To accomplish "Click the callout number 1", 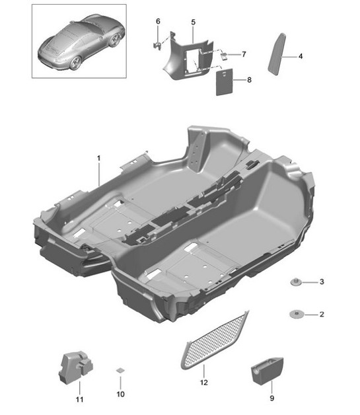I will click(x=98, y=159).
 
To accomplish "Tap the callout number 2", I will click(x=321, y=314).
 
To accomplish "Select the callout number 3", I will click(x=321, y=282).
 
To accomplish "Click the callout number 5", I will click(x=193, y=22).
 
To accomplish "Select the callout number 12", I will click(x=203, y=382).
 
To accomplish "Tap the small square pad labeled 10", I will click(x=120, y=370).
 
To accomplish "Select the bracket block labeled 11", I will click(x=75, y=366).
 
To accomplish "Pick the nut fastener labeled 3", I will click(x=296, y=283).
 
